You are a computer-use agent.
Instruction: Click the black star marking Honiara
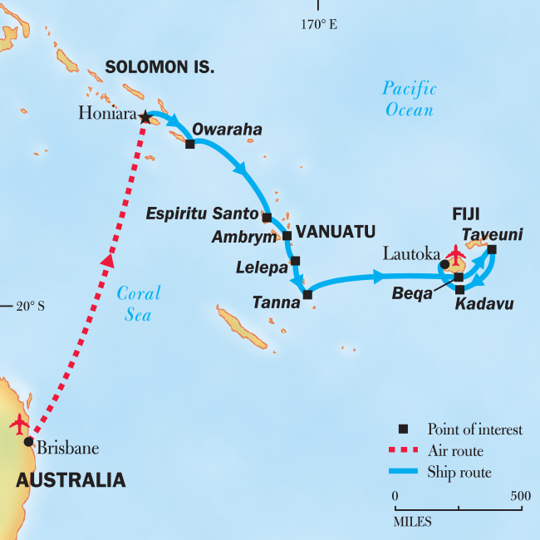point(145,117)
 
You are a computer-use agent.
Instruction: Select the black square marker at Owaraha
point(190,144)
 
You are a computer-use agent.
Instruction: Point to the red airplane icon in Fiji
point(455,252)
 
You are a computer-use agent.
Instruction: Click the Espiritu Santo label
point(202,214)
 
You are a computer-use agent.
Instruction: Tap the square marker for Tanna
point(307,294)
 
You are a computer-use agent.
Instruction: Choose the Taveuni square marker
point(492,249)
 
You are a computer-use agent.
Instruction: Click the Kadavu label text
point(484,305)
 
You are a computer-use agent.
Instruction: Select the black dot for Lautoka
point(444,264)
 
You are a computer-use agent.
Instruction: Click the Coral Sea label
point(138,303)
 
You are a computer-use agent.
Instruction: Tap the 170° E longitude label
point(318,25)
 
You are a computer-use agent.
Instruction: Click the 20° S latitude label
point(30,306)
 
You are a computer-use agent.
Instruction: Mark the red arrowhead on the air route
point(107,259)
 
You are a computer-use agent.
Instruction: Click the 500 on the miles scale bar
point(520,496)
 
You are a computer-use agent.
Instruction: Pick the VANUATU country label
point(336,231)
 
